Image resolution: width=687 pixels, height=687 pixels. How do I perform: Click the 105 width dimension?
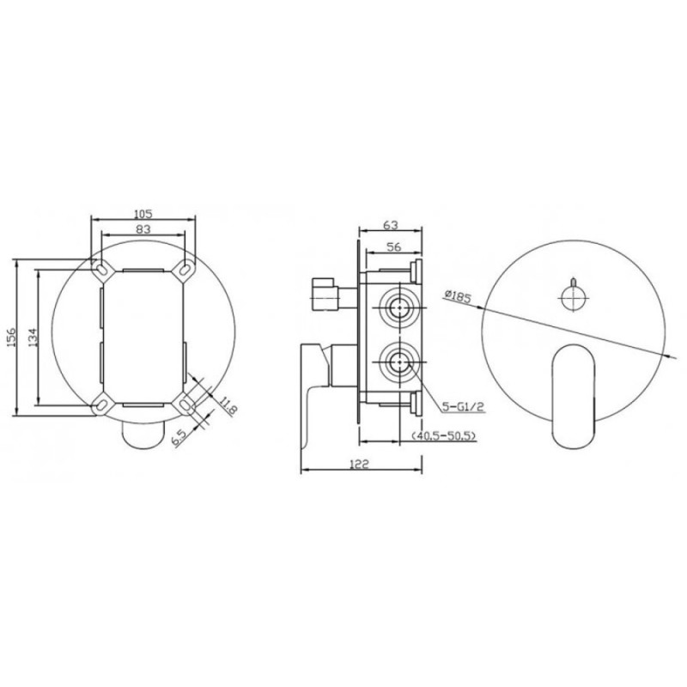click(x=143, y=214)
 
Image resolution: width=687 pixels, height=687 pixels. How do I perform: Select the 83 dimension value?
click(x=143, y=228)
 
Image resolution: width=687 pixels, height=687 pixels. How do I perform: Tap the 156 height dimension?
click(x=11, y=337)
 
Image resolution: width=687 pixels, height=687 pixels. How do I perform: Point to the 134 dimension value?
click(x=33, y=337)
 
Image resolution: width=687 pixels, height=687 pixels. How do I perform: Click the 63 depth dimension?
click(x=391, y=225)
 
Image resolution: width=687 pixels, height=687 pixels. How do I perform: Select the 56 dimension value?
click(x=394, y=247)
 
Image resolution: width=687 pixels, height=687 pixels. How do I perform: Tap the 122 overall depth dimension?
click(x=359, y=464)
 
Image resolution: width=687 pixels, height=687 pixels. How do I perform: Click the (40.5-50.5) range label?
click(x=443, y=436)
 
